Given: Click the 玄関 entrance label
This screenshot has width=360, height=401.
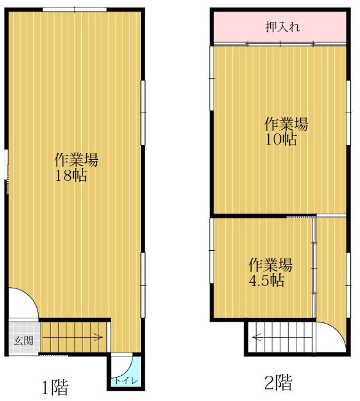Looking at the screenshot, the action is coord(23,340).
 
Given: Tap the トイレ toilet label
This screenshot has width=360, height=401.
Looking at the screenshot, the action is coord(126,380).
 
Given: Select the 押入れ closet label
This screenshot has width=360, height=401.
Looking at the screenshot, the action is coord(282,27).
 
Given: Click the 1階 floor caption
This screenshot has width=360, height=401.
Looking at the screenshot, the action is coord(55,387).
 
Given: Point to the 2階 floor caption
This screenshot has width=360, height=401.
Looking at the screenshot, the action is coord(278,383).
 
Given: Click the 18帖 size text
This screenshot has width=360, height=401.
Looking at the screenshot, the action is coord(71,175).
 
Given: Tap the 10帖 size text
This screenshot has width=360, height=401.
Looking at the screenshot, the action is coord(281,140).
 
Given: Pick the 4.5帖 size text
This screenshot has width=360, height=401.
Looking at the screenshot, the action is coord(267,280).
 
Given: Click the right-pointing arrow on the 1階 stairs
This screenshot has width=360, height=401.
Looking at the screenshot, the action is coord(73,337).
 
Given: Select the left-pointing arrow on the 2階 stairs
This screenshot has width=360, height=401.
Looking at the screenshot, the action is coord(282,338).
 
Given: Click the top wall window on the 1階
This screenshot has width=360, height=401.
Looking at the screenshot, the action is coord(74,10).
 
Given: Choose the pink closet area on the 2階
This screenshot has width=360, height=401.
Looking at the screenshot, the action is coord(280,26).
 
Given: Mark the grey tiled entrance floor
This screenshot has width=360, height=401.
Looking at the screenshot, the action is coord(24,337).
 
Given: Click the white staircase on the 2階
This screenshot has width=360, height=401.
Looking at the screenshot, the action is coord(281,337).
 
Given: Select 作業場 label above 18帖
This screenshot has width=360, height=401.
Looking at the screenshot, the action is coord(76,160).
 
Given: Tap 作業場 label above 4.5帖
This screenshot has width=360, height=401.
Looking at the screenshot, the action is coord(270,265).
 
